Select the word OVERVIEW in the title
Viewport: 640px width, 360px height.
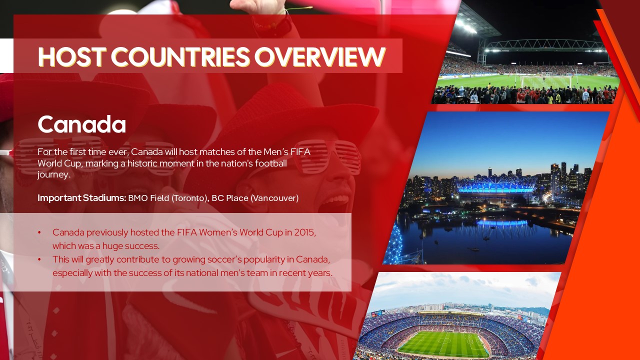click(319, 56)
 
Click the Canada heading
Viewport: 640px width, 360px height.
click(81, 124)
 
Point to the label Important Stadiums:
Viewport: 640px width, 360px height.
click(81, 198)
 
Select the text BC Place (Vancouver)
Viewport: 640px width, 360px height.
click(255, 198)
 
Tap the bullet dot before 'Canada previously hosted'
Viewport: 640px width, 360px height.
click(39, 233)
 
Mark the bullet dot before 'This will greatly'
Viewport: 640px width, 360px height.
click(39, 259)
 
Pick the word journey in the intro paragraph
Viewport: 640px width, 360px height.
click(52, 175)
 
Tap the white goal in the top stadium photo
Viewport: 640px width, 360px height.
click(546, 81)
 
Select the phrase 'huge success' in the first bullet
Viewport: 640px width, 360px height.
click(132, 246)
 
